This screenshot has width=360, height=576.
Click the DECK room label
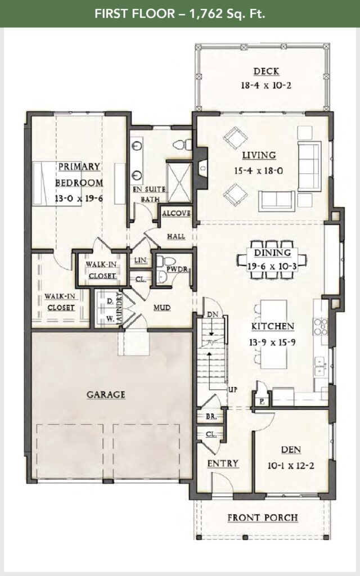266,71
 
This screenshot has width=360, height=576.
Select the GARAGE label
105,395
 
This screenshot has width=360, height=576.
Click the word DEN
290,449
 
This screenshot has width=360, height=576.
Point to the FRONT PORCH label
262,517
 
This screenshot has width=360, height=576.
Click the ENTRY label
223,463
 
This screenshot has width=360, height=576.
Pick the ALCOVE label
176,214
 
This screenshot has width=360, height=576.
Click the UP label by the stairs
232,389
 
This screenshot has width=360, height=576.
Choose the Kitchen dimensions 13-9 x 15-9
273,340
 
